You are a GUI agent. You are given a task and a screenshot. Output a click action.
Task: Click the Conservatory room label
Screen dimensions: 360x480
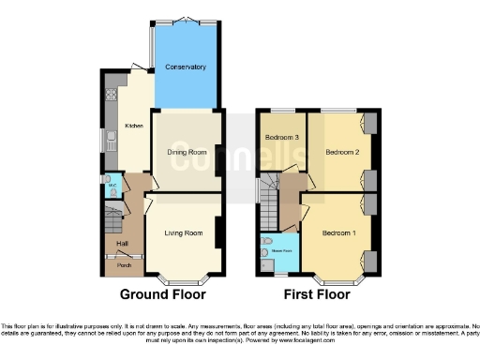(x=185, y=67)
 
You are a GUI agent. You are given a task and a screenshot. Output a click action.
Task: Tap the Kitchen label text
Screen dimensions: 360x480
(x=132, y=127)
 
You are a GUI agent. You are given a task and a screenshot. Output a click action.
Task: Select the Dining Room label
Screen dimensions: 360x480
(x=187, y=152)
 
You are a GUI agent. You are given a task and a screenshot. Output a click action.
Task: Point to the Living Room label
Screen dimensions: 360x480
(x=184, y=232)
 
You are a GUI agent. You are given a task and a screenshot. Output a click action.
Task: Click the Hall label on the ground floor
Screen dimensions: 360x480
(x=122, y=245)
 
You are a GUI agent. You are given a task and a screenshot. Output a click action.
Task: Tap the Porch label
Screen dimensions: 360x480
(x=124, y=266)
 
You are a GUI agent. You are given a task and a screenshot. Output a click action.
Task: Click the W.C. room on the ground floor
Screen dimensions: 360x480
(x=112, y=186)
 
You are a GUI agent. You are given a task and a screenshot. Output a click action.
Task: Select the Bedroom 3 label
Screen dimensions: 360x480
(x=281, y=138)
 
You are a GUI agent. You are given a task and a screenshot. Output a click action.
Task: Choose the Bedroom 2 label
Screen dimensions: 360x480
(x=343, y=151)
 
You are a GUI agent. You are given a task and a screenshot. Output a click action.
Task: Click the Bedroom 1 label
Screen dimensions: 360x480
(x=339, y=232)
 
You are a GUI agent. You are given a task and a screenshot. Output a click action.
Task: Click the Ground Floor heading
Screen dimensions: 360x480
(x=162, y=294)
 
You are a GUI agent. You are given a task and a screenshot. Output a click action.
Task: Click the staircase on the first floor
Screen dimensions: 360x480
(x=272, y=201)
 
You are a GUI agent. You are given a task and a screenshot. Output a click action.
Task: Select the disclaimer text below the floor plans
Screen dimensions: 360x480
(x=240, y=329)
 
